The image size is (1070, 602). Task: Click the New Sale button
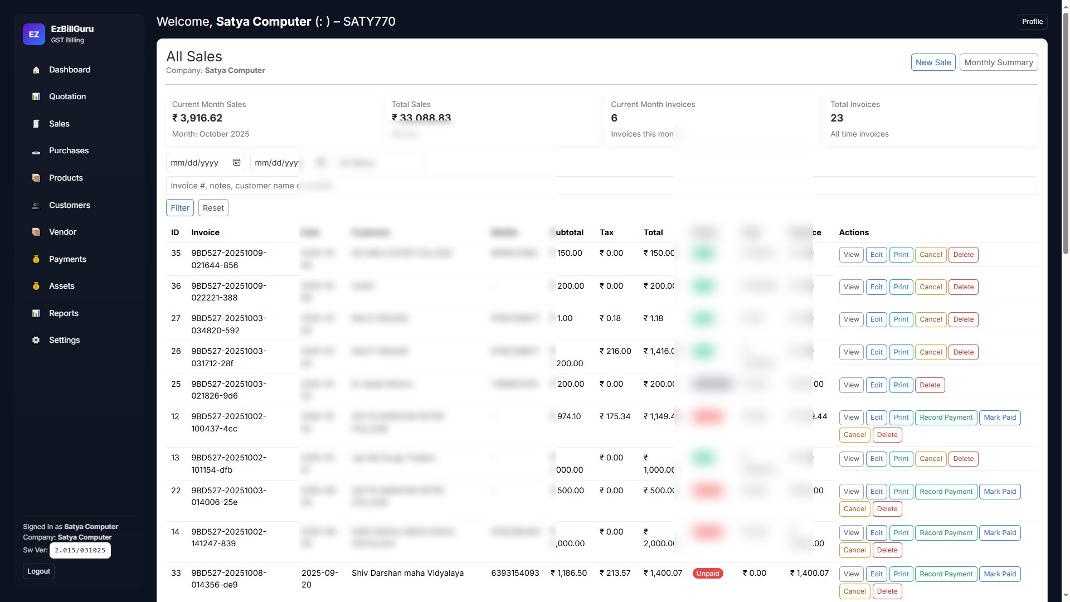tap(933, 62)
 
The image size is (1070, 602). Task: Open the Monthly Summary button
tap(998, 62)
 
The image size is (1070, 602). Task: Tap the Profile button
tap(1032, 22)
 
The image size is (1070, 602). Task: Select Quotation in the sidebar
tap(67, 96)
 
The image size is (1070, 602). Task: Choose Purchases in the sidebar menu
tap(69, 151)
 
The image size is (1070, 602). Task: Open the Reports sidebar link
tap(64, 313)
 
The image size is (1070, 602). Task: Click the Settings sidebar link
tap(64, 340)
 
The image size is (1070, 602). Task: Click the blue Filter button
tap(179, 208)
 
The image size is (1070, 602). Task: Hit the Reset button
tap(213, 208)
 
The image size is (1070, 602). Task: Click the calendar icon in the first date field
tap(237, 162)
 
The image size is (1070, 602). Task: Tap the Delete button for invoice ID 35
tap(963, 255)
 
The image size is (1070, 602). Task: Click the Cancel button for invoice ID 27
tap(930, 319)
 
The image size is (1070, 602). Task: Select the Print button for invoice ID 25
tap(901, 385)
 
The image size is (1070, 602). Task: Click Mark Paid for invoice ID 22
tap(999, 492)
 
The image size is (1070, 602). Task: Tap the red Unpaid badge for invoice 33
tap(707, 574)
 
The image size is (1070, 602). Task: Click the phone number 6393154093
tap(515, 573)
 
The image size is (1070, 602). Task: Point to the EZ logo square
tap(34, 35)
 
